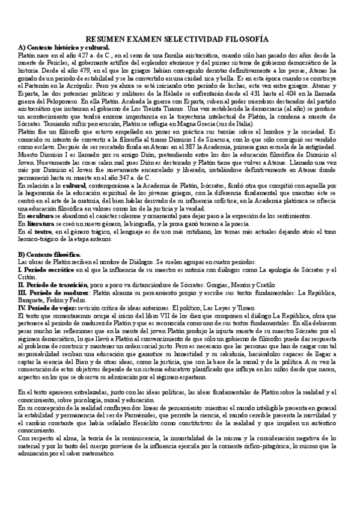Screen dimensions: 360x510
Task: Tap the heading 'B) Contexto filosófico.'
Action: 53,255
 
